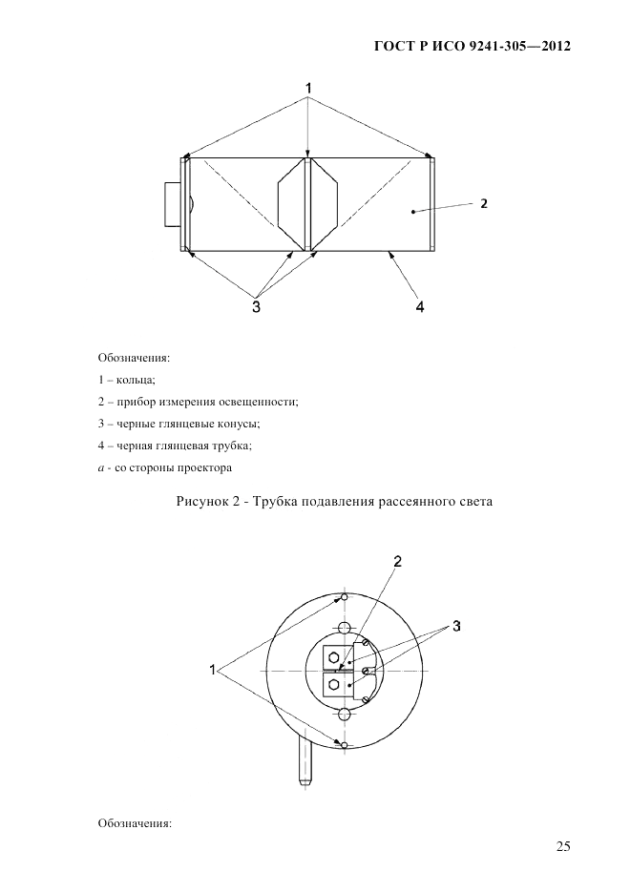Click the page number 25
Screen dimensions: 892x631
point(562,845)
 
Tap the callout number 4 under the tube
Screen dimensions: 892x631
point(419,307)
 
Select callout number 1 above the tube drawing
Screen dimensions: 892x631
point(308,89)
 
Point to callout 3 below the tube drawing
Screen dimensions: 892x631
point(256,307)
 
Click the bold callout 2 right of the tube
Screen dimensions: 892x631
point(484,203)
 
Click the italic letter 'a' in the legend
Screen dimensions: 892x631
point(101,468)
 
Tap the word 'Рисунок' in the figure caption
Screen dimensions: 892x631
point(203,502)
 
